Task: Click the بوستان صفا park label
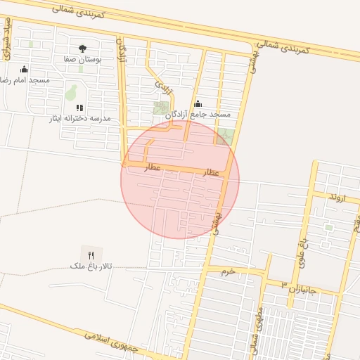[x=83, y=60]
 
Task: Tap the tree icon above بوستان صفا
[x=83, y=49]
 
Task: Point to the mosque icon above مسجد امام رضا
[x=25, y=69]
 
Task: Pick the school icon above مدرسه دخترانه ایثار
[x=79, y=108]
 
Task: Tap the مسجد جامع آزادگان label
[x=203, y=114]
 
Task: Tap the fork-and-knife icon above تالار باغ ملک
[x=90, y=255]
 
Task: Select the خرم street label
[x=227, y=271]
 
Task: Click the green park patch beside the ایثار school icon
[x=71, y=92]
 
